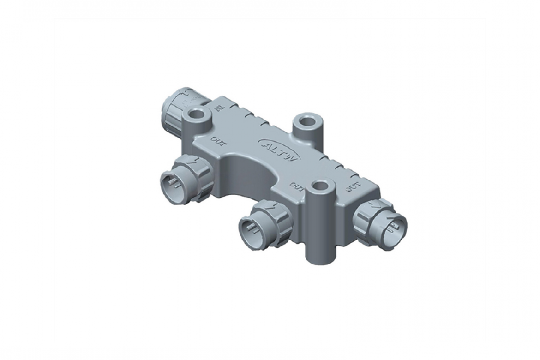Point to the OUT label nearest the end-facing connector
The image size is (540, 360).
point(354,187)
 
